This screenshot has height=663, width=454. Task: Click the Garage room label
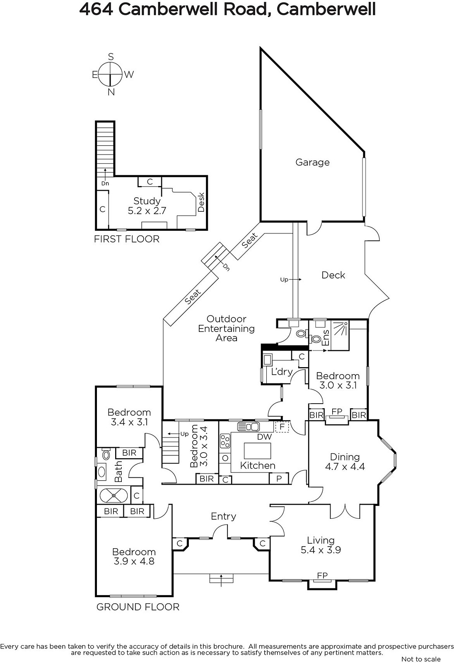click(312, 162)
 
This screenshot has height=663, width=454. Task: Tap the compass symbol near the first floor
click(111, 74)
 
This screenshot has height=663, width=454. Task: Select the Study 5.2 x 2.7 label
click(147, 206)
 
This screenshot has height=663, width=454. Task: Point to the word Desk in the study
click(201, 203)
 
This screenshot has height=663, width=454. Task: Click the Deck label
click(333, 275)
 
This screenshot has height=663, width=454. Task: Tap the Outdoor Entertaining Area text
click(227, 328)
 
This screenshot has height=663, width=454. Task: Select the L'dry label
click(282, 371)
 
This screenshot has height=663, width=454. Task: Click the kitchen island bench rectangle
click(257, 451)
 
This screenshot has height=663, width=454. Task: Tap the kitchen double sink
click(248, 426)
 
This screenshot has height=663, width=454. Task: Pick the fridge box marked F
click(282, 427)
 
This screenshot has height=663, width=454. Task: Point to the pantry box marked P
click(279, 479)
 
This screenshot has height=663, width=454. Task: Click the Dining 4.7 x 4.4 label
click(345, 462)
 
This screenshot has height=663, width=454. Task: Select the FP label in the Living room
click(322, 576)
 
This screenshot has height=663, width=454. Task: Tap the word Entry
click(223, 516)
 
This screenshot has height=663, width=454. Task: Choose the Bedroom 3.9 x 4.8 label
click(134, 557)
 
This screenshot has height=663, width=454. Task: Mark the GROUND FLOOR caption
click(138, 607)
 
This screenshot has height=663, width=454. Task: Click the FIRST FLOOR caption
click(127, 239)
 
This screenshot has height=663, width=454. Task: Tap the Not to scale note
click(421, 659)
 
